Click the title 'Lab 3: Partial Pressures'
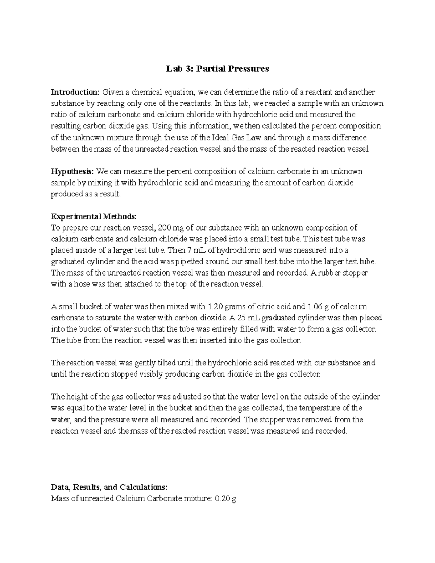pyautogui.click(x=217, y=69)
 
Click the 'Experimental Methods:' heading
pyautogui.click(x=94, y=216)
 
